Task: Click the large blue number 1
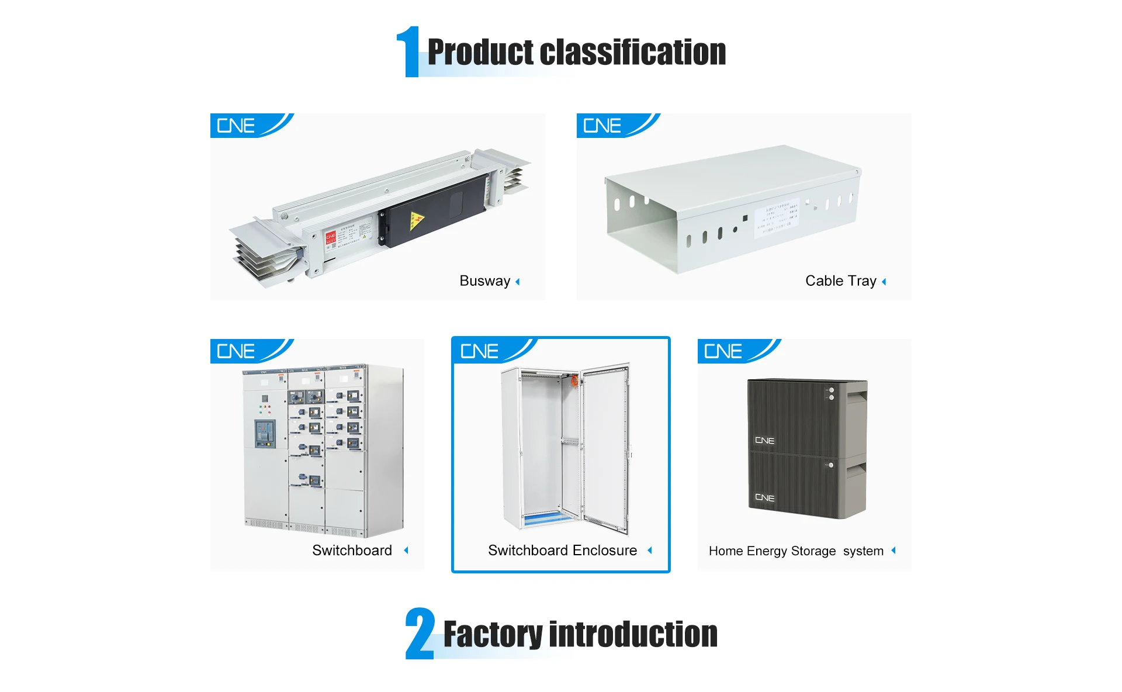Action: [x=410, y=52]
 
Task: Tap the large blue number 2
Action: [x=420, y=634]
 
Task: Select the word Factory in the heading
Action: [x=493, y=635]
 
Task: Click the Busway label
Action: [x=484, y=281]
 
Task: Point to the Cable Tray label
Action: [x=840, y=281]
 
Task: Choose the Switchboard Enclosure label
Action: [x=562, y=551]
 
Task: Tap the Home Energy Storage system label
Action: [x=795, y=551]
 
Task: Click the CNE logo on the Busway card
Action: [x=236, y=126]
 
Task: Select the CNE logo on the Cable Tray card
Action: [x=602, y=126]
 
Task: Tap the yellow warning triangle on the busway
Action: [x=416, y=220]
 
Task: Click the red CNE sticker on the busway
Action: [x=331, y=237]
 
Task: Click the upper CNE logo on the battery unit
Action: [x=764, y=441]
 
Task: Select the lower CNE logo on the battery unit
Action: [x=764, y=498]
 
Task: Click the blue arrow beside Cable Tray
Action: [x=884, y=282]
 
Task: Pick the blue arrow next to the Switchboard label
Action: [x=406, y=551]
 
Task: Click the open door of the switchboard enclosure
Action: [x=605, y=447]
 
